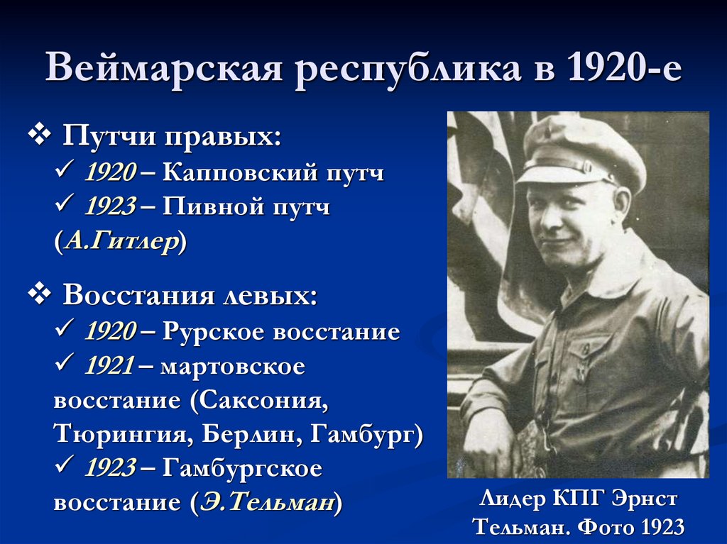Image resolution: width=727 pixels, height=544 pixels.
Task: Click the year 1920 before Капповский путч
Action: [110, 172]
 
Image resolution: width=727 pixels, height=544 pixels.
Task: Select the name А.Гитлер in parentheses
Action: [121, 241]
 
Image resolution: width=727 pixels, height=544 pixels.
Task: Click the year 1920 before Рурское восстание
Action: [110, 331]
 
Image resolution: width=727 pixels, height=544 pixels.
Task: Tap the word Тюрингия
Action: [118, 434]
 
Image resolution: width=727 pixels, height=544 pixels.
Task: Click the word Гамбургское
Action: [241, 468]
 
